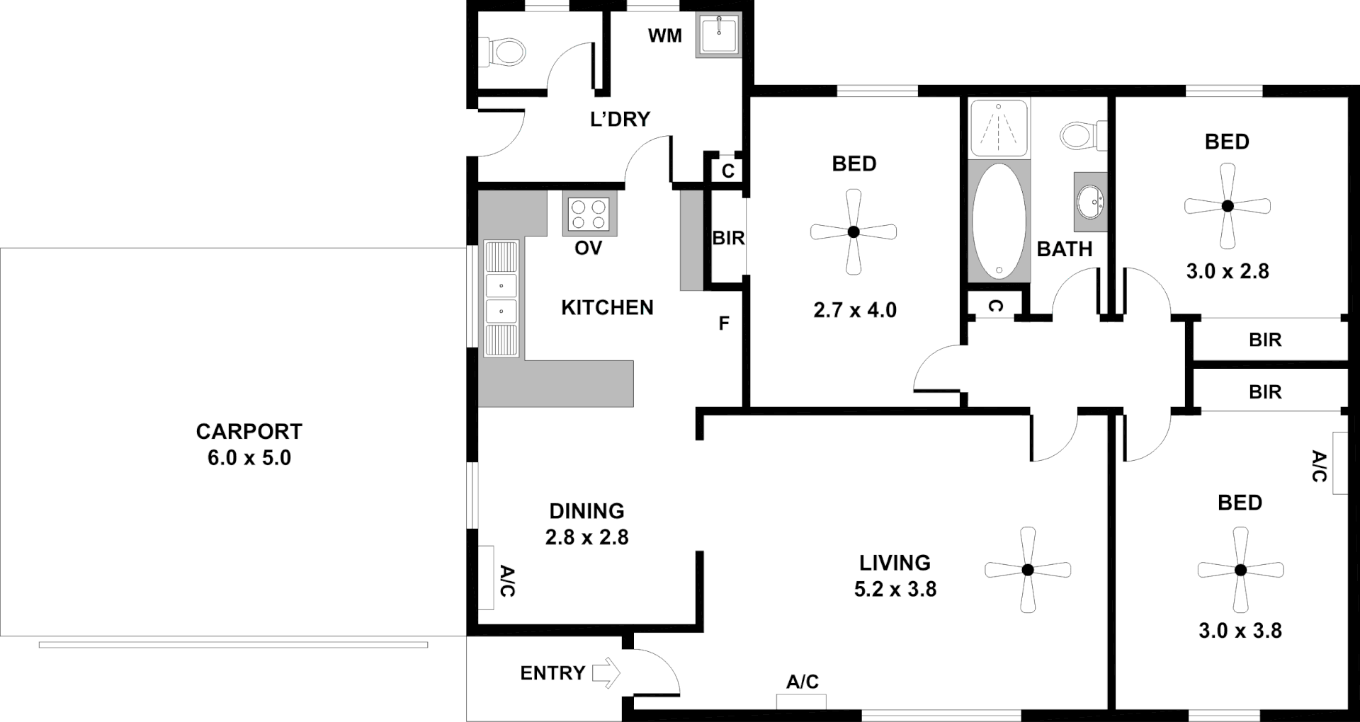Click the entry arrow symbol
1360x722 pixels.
click(x=606, y=672)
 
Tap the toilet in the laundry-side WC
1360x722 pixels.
click(x=504, y=52)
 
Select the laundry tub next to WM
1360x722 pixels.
click(x=719, y=34)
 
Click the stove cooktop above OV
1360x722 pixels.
click(x=589, y=214)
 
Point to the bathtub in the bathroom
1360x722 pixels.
click(x=999, y=221)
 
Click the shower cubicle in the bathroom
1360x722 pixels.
click(x=999, y=127)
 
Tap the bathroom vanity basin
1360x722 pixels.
click(x=1089, y=202)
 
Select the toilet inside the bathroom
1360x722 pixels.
click(x=1082, y=135)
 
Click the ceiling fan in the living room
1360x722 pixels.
click(x=1028, y=569)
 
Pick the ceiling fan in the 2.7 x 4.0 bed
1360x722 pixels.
click(x=854, y=231)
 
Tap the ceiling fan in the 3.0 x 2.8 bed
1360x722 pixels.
click(x=1228, y=206)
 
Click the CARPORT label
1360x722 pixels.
click(x=249, y=431)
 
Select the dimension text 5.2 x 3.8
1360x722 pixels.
click(x=895, y=589)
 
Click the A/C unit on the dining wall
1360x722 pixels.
click(x=486, y=578)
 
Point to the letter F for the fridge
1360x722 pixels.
click(x=724, y=323)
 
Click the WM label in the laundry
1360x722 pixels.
click(x=664, y=35)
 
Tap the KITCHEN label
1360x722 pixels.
click(x=607, y=307)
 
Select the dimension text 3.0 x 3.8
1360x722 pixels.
click(x=1240, y=631)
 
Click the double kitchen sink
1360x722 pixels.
click(x=501, y=299)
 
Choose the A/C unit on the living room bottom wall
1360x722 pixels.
click(x=801, y=701)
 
